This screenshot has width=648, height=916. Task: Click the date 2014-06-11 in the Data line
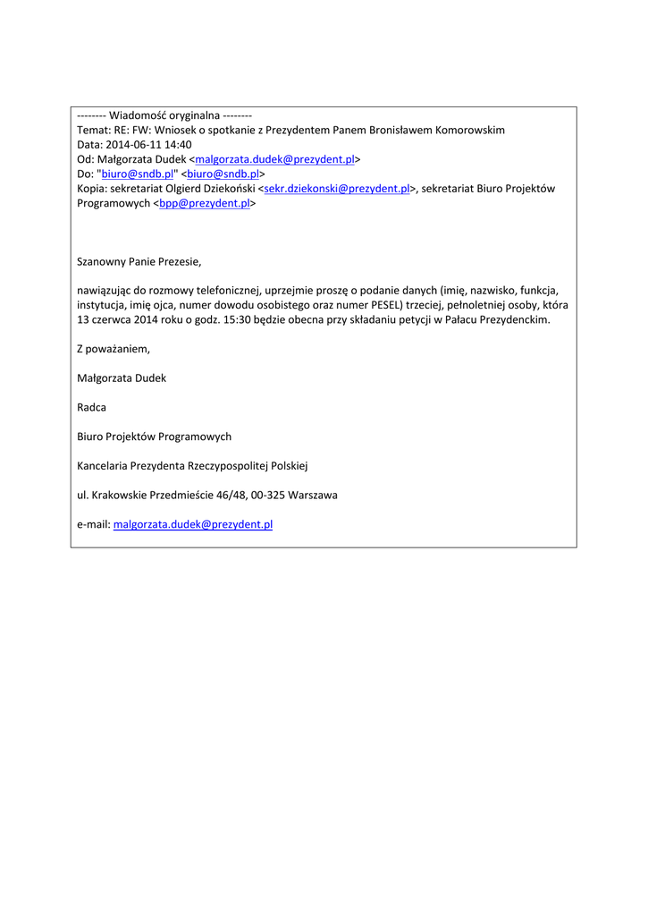pyautogui.click(x=133, y=145)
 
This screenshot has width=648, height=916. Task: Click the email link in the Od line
pyautogui.click(x=274, y=159)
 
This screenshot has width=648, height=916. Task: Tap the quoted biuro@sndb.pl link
pyautogui.click(x=138, y=174)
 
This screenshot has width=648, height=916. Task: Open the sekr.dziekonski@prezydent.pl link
pyautogui.click(x=337, y=189)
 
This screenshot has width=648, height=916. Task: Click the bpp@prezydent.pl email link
pyautogui.click(x=205, y=203)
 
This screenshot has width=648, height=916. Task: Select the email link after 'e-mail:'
pyautogui.click(x=193, y=524)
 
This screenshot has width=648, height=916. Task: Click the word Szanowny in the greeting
pyautogui.click(x=103, y=262)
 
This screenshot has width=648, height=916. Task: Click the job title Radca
pyautogui.click(x=92, y=407)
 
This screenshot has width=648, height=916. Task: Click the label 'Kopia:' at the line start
pyautogui.click(x=92, y=189)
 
